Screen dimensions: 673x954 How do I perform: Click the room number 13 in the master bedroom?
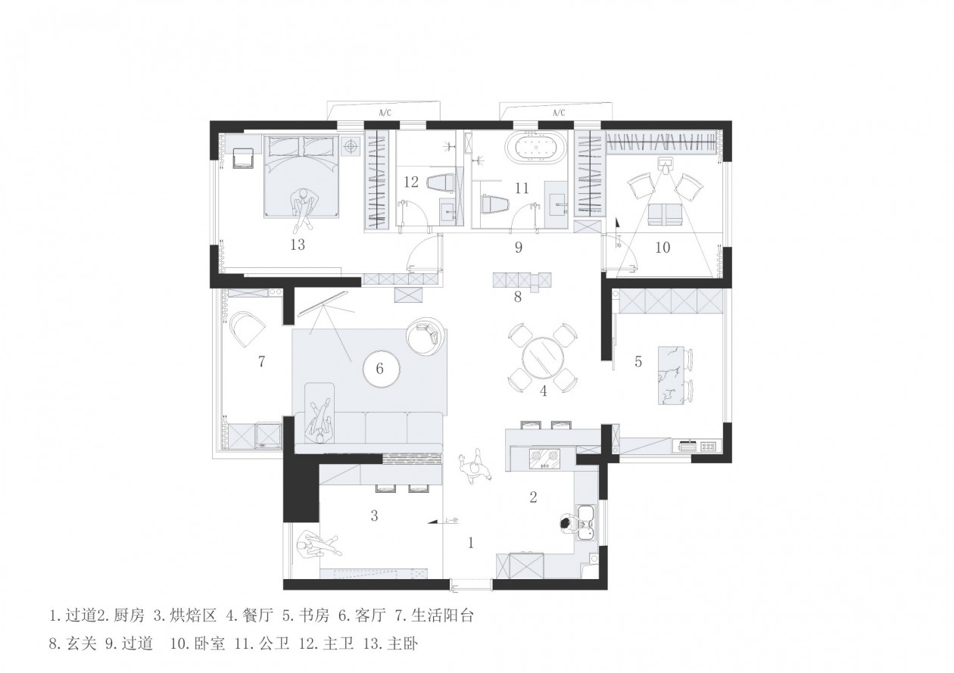click(297, 245)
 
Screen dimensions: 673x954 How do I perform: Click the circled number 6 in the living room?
click(380, 369)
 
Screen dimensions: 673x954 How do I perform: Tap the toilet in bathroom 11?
click(494, 204)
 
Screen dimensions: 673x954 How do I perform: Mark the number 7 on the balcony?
click(261, 362)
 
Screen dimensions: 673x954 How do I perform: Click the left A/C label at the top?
click(384, 113)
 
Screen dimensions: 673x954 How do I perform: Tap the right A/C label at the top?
click(559, 113)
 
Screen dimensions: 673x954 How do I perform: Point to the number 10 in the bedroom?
click(662, 247)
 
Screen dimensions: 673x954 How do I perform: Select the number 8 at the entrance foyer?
click(518, 297)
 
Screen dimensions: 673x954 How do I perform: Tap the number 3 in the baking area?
click(374, 516)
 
